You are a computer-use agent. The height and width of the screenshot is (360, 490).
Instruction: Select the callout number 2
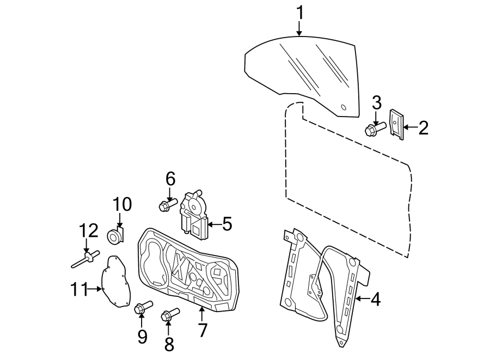point(423,128)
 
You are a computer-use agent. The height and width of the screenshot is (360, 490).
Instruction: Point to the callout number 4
point(375,299)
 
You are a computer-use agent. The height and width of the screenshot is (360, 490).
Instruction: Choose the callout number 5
point(226,223)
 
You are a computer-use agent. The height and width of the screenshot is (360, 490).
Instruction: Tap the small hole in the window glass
point(343,107)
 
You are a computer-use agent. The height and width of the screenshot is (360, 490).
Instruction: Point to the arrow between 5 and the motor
point(213,223)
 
